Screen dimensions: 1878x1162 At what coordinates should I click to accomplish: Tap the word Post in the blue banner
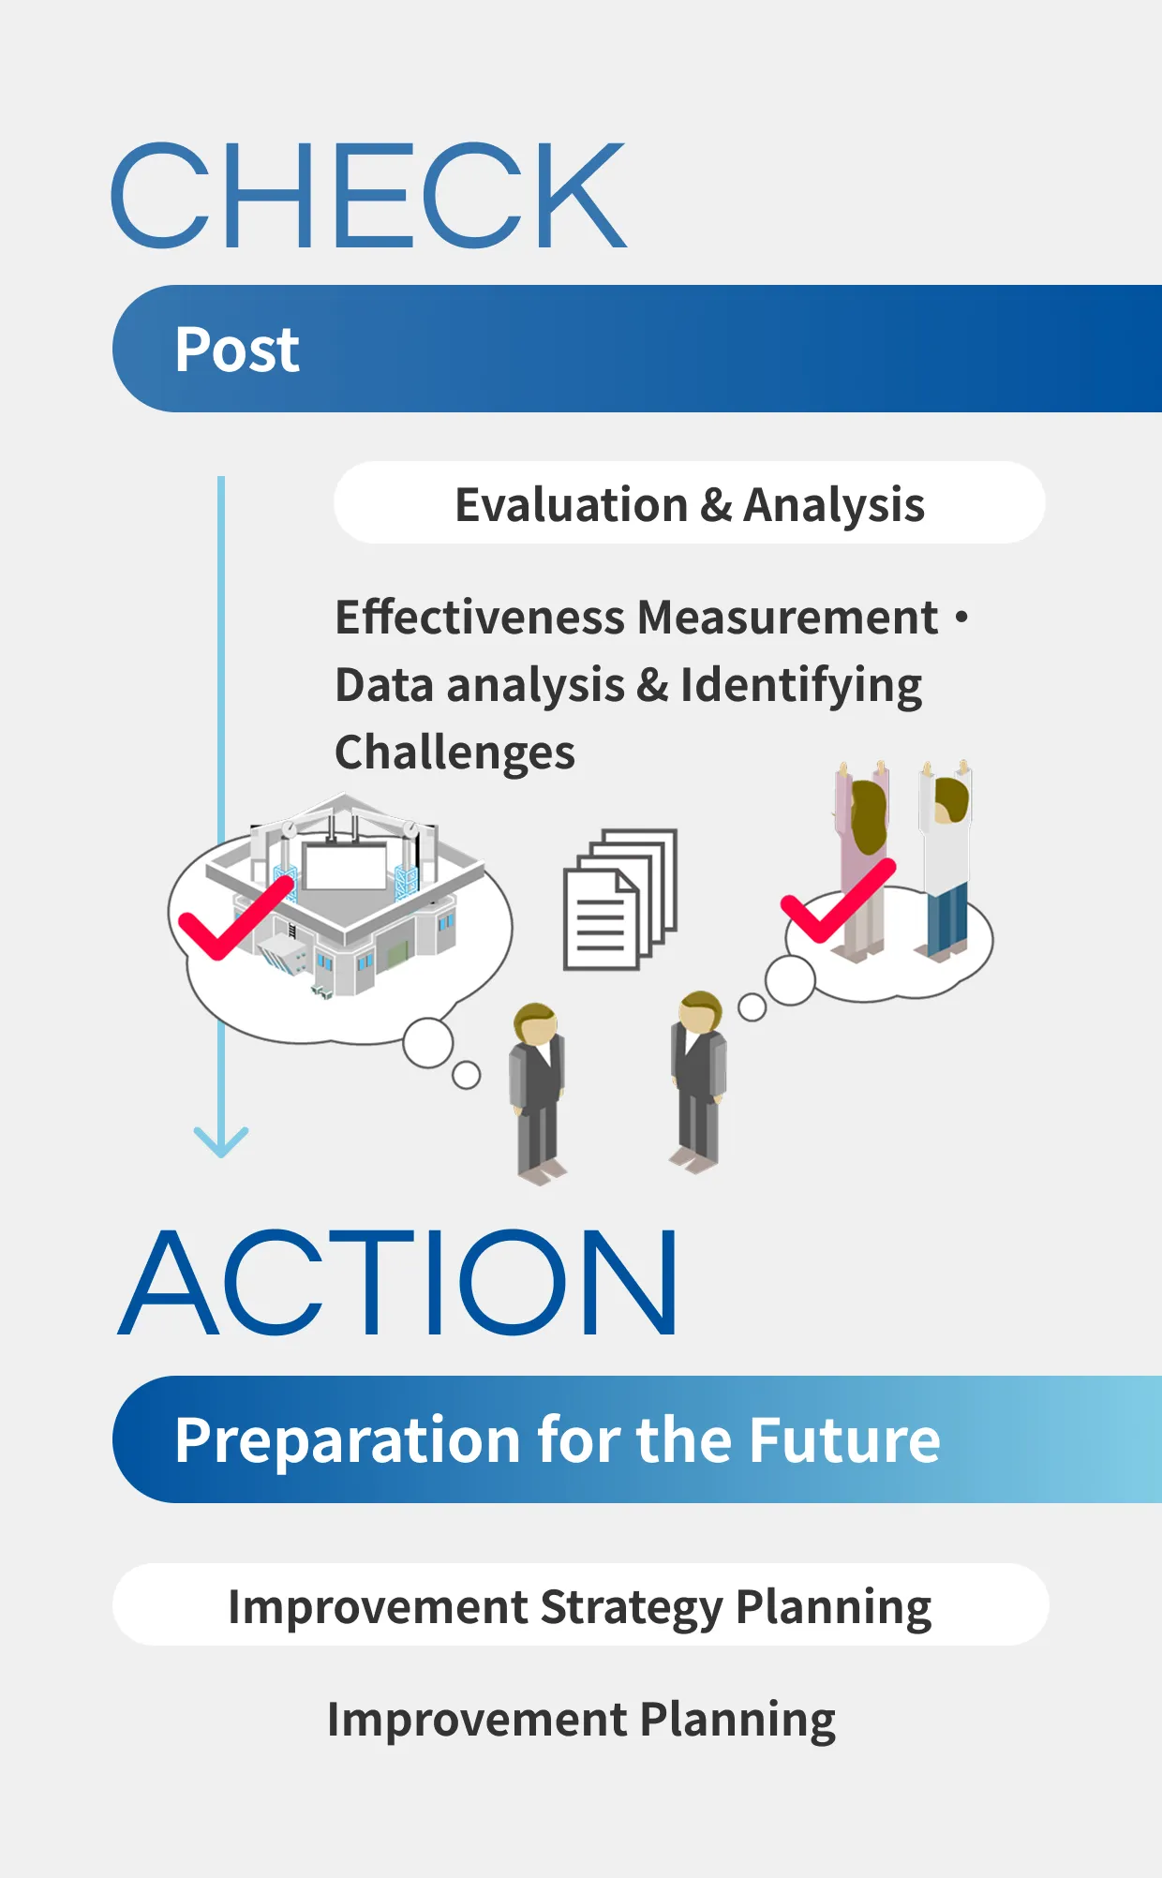click(x=237, y=350)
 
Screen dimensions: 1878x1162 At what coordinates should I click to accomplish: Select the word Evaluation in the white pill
click(x=571, y=504)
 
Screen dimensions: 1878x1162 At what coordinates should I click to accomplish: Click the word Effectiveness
click(x=480, y=618)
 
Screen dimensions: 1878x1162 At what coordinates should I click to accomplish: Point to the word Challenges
click(x=454, y=753)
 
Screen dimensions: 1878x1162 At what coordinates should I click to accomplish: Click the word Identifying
click(x=801, y=685)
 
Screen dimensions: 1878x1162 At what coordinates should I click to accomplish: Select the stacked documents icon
click(x=618, y=898)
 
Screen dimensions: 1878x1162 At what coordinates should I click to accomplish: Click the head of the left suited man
click(x=535, y=1023)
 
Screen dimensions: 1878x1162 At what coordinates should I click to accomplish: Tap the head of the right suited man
click(x=700, y=1012)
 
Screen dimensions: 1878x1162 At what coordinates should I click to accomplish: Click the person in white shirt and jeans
click(x=946, y=862)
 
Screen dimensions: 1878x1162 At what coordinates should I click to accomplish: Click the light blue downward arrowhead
click(x=221, y=1141)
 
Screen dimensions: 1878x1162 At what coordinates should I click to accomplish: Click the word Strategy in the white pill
click(x=632, y=1606)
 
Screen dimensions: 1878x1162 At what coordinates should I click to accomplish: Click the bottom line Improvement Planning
click(x=581, y=1720)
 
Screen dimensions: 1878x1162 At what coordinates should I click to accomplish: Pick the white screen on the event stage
click(x=345, y=866)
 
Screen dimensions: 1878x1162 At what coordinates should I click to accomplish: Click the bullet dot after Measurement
click(x=961, y=617)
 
